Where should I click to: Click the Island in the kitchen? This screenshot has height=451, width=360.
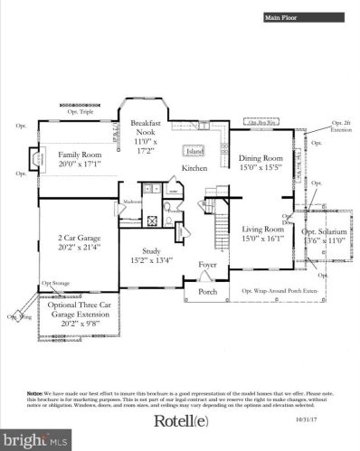[193, 150]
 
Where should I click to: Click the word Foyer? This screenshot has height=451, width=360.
[209, 265]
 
